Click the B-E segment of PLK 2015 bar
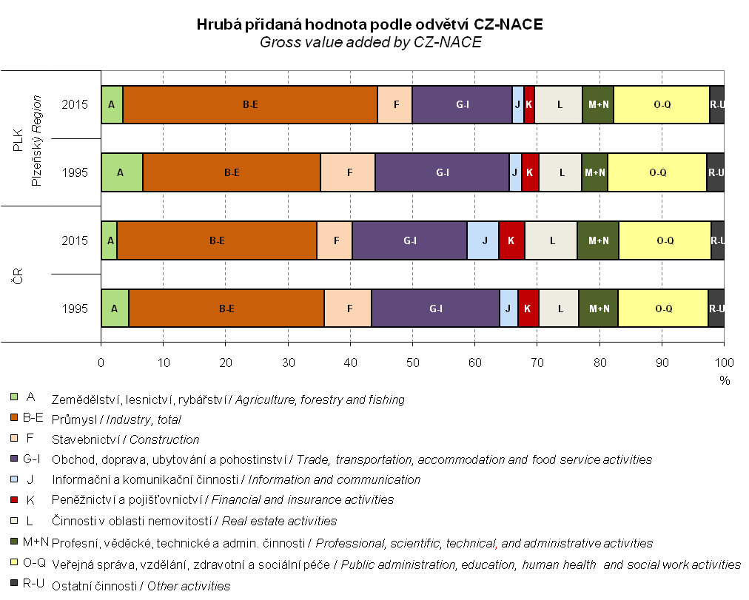coord(250,104)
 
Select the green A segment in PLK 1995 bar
coord(121,172)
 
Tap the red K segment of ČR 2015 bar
coord(511,240)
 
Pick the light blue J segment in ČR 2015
coord(483,240)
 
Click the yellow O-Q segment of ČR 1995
coord(662,309)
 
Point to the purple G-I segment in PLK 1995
coord(442,172)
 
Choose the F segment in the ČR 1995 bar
coord(348,309)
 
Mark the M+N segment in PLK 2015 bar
coord(598,104)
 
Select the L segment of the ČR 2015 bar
coord(551,240)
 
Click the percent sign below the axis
coord(725,380)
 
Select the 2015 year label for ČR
coord(75,240)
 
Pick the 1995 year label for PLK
coord(75,172)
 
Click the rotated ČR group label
coord(16,274)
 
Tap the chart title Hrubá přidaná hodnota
coord(370,24)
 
